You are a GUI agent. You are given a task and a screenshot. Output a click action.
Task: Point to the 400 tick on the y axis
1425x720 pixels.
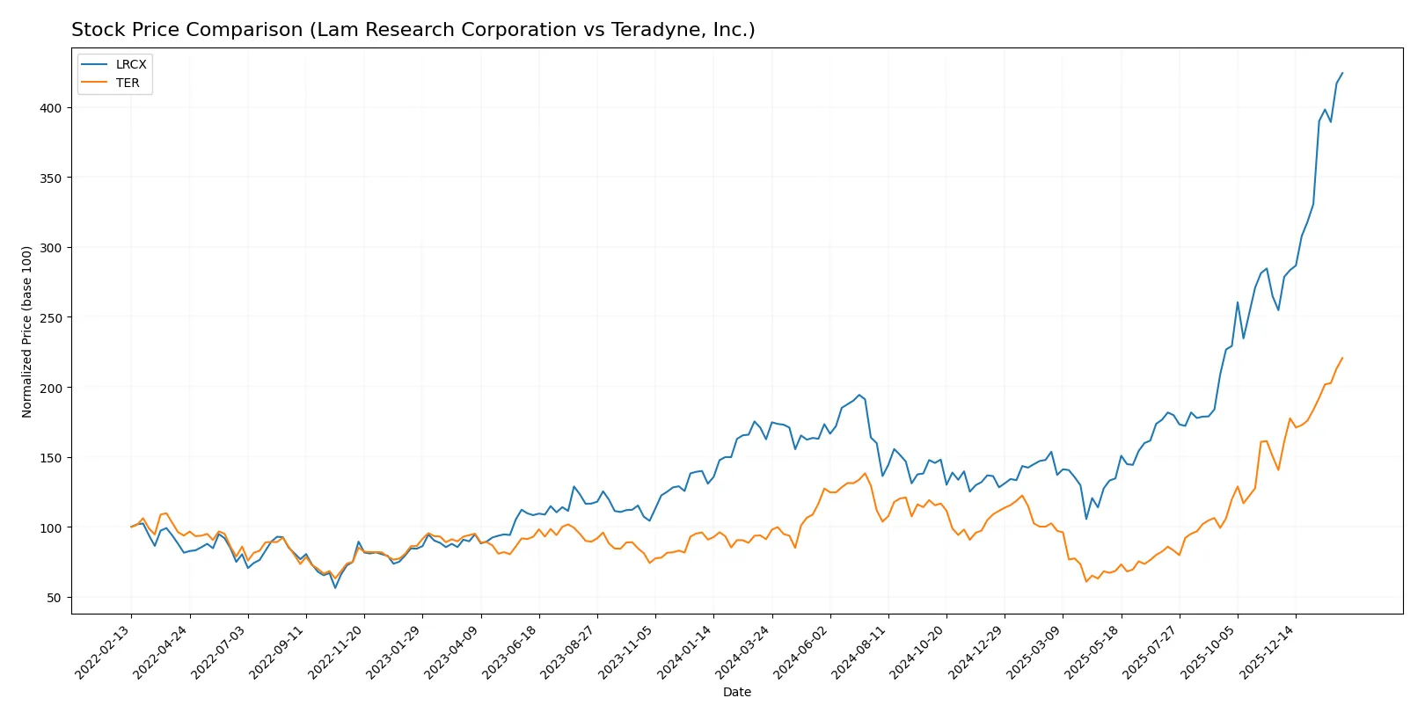coord(50,108)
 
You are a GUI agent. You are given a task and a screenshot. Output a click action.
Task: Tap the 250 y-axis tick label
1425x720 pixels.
coord(50,317)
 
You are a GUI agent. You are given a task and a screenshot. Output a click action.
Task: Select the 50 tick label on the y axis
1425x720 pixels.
coord(54,598)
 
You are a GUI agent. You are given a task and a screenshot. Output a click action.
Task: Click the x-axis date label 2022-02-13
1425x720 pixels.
coord(104,651)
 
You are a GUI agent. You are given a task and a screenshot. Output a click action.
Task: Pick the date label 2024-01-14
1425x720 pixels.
coord(685,651)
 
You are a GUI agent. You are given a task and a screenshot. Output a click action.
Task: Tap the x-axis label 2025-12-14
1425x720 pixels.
coord(1268,651)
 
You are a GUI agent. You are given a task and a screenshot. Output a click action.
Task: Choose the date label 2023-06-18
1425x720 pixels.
coord(511,651)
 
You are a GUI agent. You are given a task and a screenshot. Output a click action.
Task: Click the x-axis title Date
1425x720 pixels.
coord(736,692)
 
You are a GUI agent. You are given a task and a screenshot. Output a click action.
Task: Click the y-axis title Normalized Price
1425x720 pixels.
coord(27,331)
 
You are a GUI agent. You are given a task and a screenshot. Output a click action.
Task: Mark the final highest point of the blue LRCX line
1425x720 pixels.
coord(1342,73)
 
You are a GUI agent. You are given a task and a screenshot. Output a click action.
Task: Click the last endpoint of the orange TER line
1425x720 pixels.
coord(1342,358)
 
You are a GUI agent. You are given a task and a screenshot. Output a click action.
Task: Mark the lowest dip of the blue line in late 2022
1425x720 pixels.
coord(335,587)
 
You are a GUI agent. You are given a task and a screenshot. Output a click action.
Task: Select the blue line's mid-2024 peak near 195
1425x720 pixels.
coord(859,395)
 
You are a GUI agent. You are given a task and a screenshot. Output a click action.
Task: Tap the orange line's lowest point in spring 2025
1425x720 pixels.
coord(1086,581)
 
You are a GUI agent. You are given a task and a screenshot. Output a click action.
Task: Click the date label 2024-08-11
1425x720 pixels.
coord(859,651)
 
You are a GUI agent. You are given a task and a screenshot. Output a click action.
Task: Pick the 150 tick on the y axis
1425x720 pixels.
coord(50,458)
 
